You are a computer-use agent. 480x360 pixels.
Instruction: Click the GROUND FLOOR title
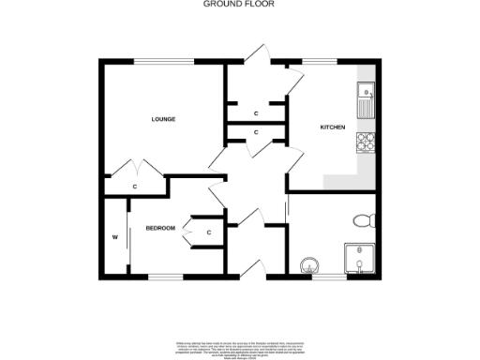pyautogui.click(x=231, y=5)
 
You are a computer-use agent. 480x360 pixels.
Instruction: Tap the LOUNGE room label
pyautogui.click(x=164, y=119)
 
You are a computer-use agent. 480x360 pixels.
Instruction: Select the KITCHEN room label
pyautogui.click(x=333, y=127)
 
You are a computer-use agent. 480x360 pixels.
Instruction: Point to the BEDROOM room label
pyautogui.click(x=160, y=228)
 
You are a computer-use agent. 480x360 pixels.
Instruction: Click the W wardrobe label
pyautogui.click(x=115, y=237)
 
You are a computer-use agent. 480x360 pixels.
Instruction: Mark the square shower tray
pyautogui.click(x=359, y=261)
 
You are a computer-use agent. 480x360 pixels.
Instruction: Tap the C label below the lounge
pyautogui.click(x=135, y=187)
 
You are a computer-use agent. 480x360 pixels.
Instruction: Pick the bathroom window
pyautogui.click(x=328, y=277)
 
